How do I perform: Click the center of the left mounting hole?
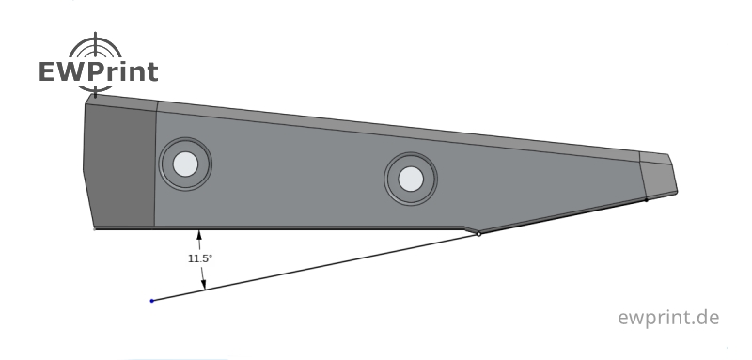click(185, 164)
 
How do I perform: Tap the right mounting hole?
click(411, 179)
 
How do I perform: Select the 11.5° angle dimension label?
click(200, 258)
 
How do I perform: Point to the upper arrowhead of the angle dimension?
click(199, 235)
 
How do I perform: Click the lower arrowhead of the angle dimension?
click(204, 285)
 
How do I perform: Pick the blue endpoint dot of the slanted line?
click(152, 301)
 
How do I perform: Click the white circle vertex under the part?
click(478, 234)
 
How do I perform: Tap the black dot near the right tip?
click(646, 199)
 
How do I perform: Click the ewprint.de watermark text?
click(668, 318)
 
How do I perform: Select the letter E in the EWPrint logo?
click(49, 71)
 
